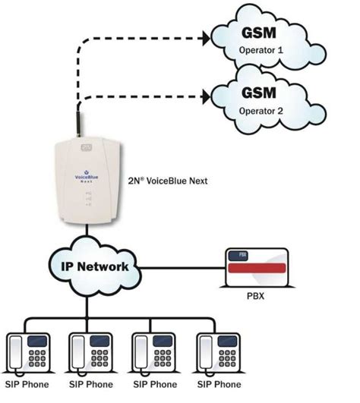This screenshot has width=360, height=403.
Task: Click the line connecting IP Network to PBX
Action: tap(182, 266)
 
